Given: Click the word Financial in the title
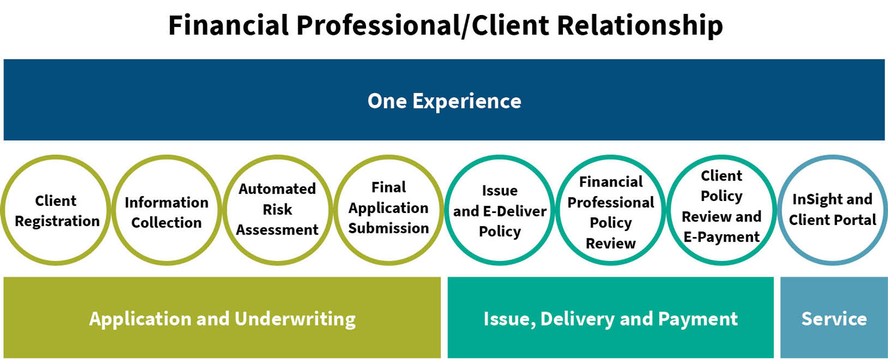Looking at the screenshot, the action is (229, 25).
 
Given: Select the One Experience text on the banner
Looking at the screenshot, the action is (444, 101).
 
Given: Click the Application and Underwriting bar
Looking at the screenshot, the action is (222, 317).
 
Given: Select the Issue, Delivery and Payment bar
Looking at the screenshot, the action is (611, 317).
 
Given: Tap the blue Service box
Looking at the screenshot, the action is (834, 317).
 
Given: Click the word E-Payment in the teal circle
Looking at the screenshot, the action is (721, 237).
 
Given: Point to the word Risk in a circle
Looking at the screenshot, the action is (277, 209).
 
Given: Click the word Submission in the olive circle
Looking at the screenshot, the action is (389, 229).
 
